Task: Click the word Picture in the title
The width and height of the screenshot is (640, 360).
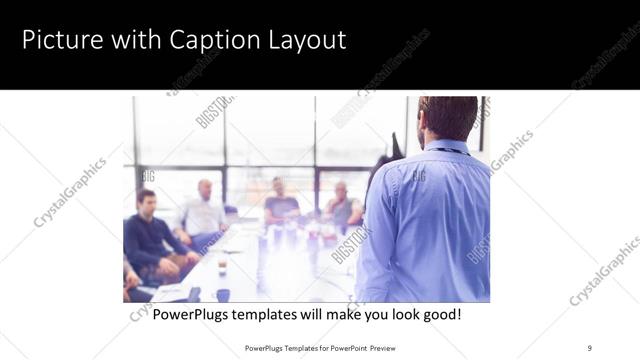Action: [60, 41]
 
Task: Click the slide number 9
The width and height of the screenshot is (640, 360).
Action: [589, 347]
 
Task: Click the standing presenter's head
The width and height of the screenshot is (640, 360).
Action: [448, 118]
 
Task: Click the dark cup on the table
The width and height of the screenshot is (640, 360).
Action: [222, 294]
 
